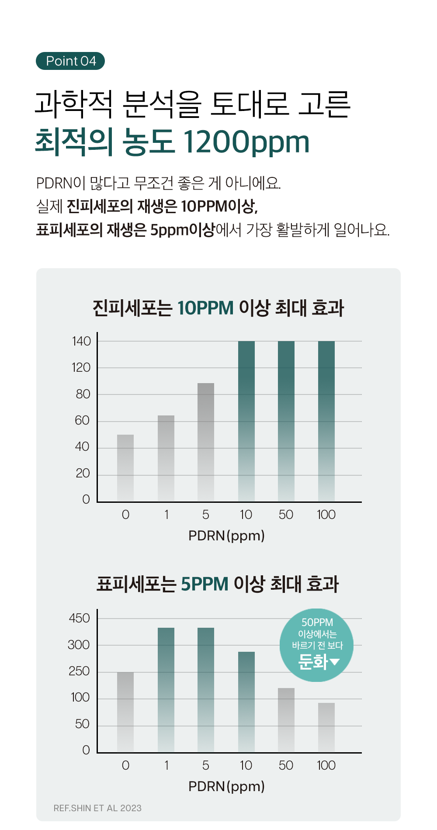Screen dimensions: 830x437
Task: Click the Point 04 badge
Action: (x=70, y=61)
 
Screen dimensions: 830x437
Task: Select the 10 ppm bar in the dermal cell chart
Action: (x=246, y=421)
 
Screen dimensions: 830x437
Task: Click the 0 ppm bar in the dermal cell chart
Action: (x=125, y=468)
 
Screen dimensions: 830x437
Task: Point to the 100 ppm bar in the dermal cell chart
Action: (x=326, y=421)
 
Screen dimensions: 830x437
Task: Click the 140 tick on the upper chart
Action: (x=82, y=341)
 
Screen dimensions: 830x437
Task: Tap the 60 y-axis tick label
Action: (x=82, y=420)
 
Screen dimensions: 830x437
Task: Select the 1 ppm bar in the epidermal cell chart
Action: (x=166, y=690)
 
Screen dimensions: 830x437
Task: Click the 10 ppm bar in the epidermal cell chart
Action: (x=246, y=702)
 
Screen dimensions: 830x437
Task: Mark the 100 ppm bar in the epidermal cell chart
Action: (x=326, y=727)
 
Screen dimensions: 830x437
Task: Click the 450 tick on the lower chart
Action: (x=80, y=618)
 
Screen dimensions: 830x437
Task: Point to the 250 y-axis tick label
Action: (x=79, y=671)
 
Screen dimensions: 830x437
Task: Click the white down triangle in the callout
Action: (x=335, y=662)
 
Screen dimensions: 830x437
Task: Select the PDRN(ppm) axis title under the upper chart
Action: (x=226, y=536)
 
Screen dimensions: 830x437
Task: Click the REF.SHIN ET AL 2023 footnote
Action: (x=97, y=808)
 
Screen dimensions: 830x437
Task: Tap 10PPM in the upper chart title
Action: (x=205, y=308)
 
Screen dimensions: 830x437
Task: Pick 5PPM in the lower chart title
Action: (x=205, y=584)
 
